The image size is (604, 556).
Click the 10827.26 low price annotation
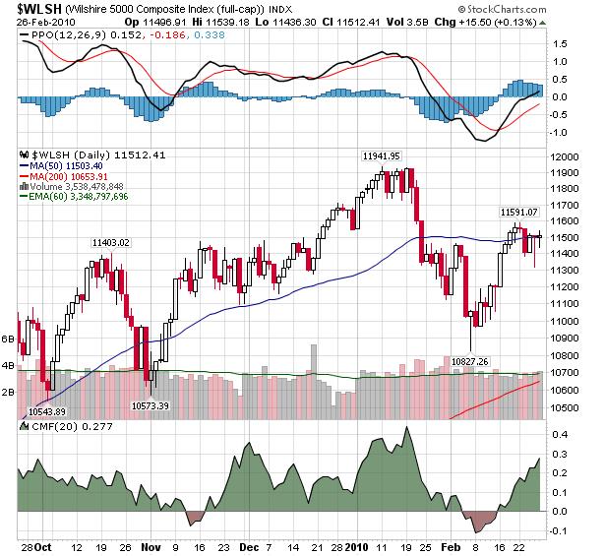coord(470,362)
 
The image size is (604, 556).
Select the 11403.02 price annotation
coord(110,242)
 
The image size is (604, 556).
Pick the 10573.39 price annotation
coord(150,404)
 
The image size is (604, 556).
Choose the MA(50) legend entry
coord(74,166)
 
